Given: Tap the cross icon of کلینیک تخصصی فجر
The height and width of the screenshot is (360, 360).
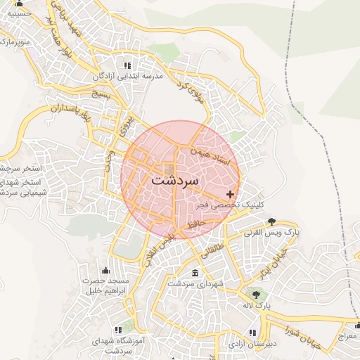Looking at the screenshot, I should tap(230, 193).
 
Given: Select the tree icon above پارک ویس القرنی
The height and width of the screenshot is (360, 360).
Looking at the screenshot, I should tap(272, 220).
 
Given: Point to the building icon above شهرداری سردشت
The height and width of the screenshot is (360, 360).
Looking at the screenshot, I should tap(195, 273).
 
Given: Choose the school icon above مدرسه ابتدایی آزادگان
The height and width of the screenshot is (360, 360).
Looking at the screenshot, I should tap(127, 65).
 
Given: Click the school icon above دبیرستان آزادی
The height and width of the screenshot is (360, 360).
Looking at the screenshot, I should tap(252, 333).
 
